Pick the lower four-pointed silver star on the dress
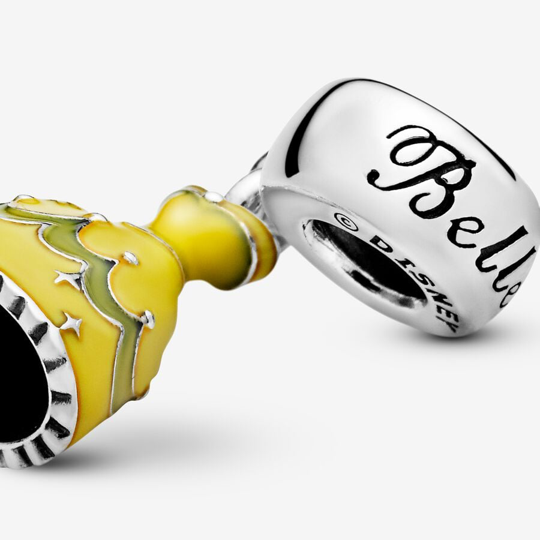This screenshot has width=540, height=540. pyautogui.click(x=73, y=325)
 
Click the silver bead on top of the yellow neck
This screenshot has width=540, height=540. pyautogui.click(x=214, y=197)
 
